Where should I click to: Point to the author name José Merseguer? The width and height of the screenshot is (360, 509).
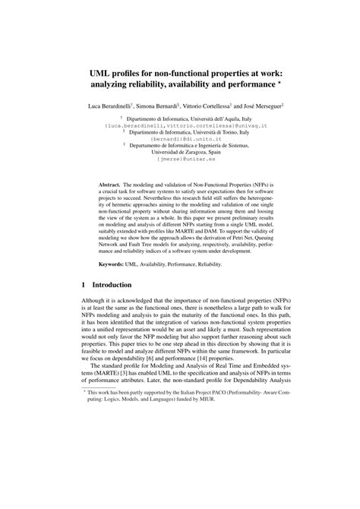pos(269,101)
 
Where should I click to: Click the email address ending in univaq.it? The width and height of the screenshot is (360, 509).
pos(180,124)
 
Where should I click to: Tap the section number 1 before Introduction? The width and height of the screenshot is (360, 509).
pos(84,286)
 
